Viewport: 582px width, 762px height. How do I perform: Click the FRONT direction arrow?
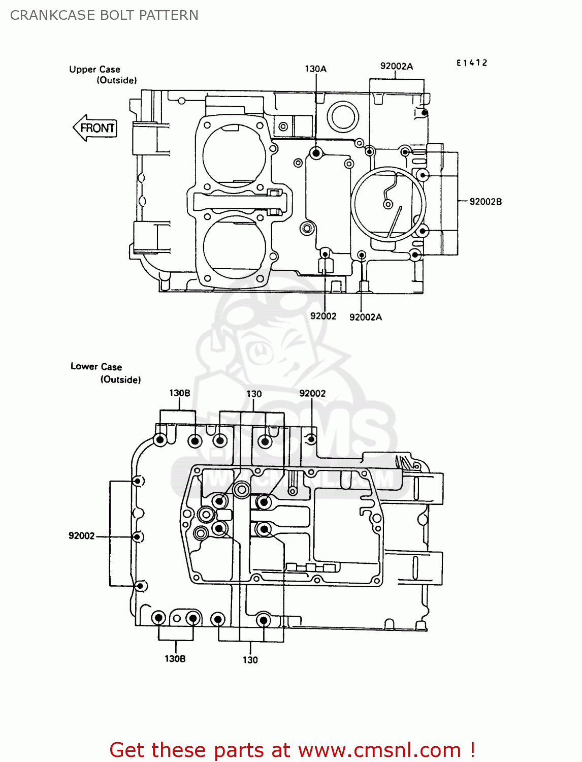pyautogui.click(x=95, y=128)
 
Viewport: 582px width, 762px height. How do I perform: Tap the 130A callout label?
pyautogui.click(x=315, y=69)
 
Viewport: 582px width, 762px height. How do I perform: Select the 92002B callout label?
pyautogui.click(x=485, y=202)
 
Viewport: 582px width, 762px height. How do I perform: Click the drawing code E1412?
pyautogui.click(x=471, y=63)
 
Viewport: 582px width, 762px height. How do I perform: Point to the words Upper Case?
pyautogui.click(x=94, y=69)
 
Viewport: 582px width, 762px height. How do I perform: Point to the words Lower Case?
pyautogui.click(x=96, y=366)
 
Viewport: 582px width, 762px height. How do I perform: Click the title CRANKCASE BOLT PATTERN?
pyautogui.click(x=104, y=15)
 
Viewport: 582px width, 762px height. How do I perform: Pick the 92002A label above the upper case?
pyautogui.click(x=396, y=66)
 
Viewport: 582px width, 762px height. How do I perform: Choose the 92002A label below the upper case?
pyautogui.click(x=365, y=317)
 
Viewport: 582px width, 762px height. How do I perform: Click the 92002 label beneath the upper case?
pyautogui.click(x=323, y=316)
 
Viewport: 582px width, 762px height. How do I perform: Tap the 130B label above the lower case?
pyautogui.click(x=179, y=393)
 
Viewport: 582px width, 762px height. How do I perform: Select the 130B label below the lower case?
pyautogui.click(x=175, y=658)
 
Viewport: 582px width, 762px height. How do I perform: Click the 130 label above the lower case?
pyautogui.click(x=254, y=394)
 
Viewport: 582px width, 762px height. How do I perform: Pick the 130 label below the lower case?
pyautogui.click(x=250, y=659)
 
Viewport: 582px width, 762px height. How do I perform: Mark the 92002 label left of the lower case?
pyautogui.click(x=81, y=535)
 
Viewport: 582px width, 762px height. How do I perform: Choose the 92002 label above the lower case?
pyautogui.click(x=312, y=393)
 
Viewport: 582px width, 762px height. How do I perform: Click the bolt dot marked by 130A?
pyautogui.click(x=316, y=152)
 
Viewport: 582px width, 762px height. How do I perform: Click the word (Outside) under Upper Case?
pyautogui.click(x=117, y=80)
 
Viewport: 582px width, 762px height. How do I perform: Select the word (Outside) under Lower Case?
pyautogui.click(x=120, y=379)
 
